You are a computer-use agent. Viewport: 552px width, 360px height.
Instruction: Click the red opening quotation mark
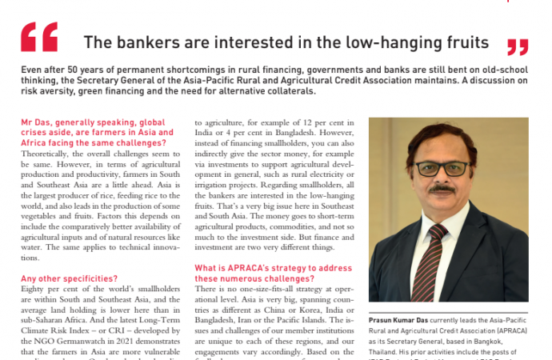pos(38,36)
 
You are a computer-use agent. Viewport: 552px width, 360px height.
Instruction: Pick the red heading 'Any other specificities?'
pos(70,278)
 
